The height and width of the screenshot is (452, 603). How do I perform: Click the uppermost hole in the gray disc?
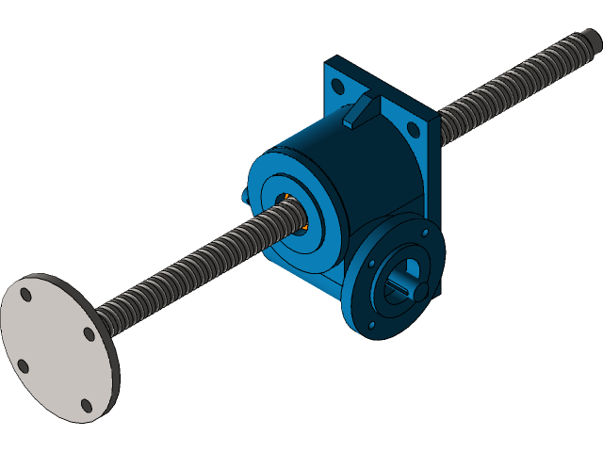pos(25,295)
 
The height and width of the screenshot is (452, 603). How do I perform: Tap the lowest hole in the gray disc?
pos(87,406)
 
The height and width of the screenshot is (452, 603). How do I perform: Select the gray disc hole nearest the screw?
pos(90,333)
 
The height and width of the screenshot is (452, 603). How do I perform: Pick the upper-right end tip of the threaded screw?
pos(593,39)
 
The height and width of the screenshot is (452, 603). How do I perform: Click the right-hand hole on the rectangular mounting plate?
pos(412,129)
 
